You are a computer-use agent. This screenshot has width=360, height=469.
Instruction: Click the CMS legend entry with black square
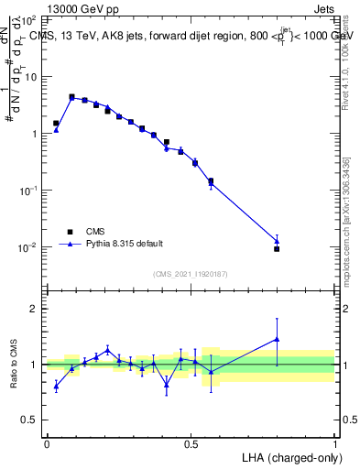pos(93,232)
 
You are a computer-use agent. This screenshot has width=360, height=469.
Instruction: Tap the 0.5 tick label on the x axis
pos(191,443)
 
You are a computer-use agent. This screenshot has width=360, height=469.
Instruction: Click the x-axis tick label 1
pos(335,443)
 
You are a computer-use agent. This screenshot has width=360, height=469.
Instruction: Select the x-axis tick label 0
pos(47,443)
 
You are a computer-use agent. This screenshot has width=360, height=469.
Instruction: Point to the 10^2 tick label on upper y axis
pos(29,19)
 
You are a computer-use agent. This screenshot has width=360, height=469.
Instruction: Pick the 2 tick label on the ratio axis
pos(36,309)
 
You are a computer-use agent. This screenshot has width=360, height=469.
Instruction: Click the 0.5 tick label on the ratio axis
pos(31,420)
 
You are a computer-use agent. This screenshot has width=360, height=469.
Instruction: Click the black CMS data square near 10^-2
pos(277,248)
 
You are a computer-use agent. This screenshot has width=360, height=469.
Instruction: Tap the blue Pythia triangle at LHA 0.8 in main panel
pos(277,241)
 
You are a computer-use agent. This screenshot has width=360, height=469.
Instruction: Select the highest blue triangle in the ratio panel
pos(277,339)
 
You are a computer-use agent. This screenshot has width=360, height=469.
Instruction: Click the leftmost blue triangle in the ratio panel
pos(56,387)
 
